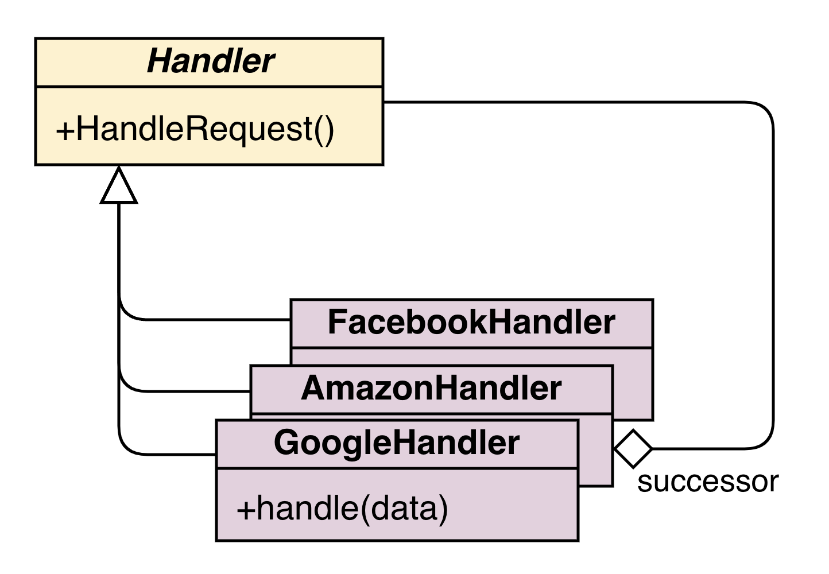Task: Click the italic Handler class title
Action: pyautogui.click(x=211, y=61)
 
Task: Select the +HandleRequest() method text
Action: pyautogui.click(x=195, y=130)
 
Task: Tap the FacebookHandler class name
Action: pyautogui.click(x=471, y=323)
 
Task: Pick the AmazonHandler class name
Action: pyautogui.click(x=432, y=388)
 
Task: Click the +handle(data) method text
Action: pyautogui.click(x=342, y=509)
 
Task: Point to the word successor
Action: pyautogui.click(x=708, y=482)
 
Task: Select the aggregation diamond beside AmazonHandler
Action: pyautogui.click(x=633, y=448)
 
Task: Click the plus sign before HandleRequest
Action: pyautogui.click(x=65, y=132)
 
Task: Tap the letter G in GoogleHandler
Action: pyautogui.click(x=286, y=443)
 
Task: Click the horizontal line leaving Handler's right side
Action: pyautogui.click(x=563, y=102)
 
